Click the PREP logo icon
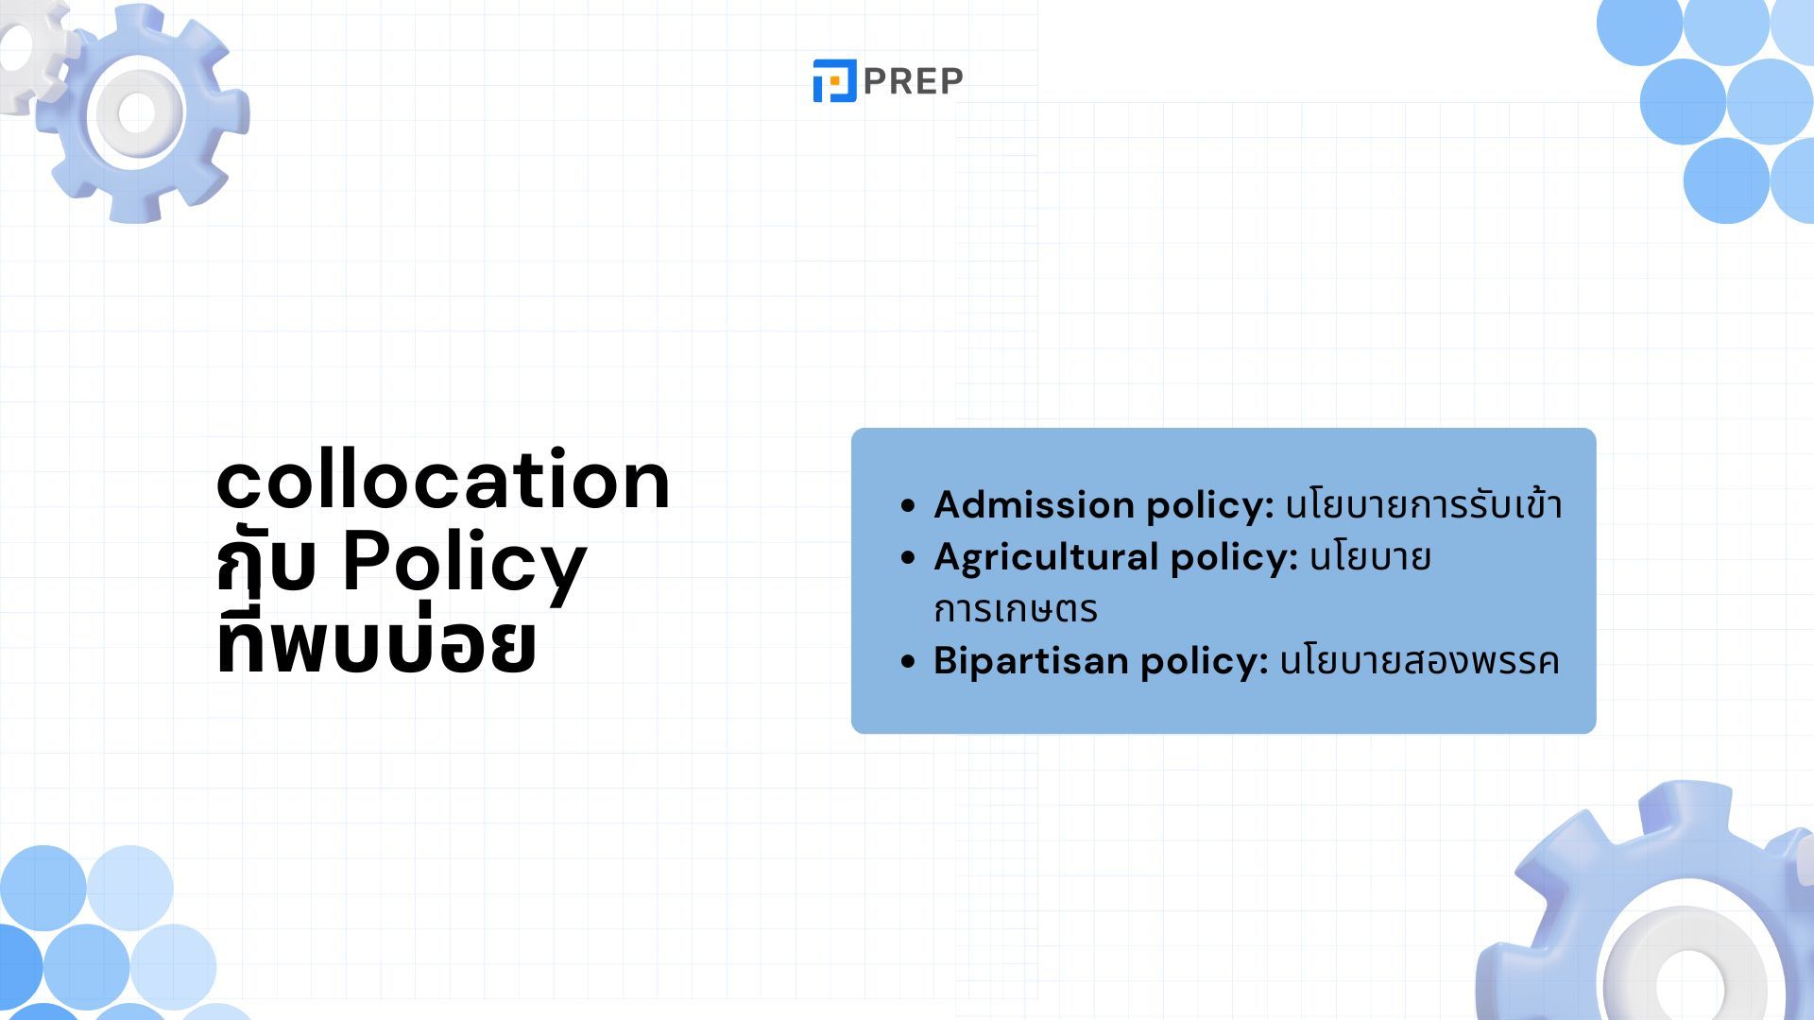[834, 80]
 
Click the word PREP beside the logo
[913, 81]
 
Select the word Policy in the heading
[464, 564]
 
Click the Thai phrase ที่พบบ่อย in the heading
[376, 643]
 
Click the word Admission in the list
[1034, 504]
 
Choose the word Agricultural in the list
[1046, 557]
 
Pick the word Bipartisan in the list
[1031, 660]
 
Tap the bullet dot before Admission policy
[909, 506]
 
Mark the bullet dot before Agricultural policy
[909, 558]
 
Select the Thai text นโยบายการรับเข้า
[1424, 504]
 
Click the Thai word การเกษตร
[1016, 609]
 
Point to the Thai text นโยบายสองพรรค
[1419, 660]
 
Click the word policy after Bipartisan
[1204, 661]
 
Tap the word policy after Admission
[1210, 505]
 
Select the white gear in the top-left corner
[30, 57]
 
